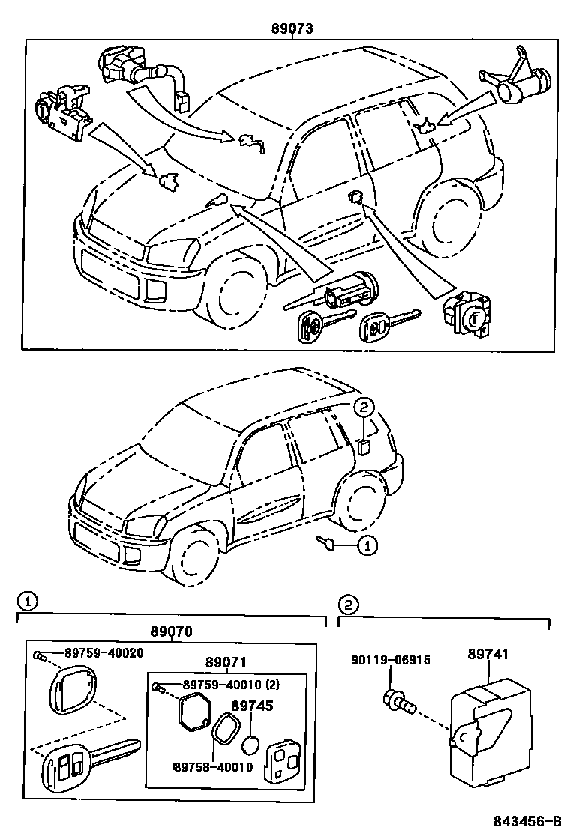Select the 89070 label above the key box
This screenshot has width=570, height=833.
pyautogui.click(x=171, y=631)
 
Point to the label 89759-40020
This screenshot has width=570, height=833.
pyautogui.click(x=103, y=652)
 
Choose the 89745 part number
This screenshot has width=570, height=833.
pyautogui.click(x=252, y=706)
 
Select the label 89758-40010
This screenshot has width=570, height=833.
pyautogui.click(x=212, y=767)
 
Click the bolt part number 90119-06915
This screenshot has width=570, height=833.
pyautogui.click(x=391, y=660)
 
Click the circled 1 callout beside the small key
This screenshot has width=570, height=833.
pyautogui.click(x=365, y=548)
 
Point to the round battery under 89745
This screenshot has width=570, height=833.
pyautogui.click(x=252, y=746)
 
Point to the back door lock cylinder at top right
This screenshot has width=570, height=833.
pyautogui.click(x=518, y=83)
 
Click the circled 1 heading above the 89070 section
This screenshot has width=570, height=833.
pyautogui.click(x=25, y=601)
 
